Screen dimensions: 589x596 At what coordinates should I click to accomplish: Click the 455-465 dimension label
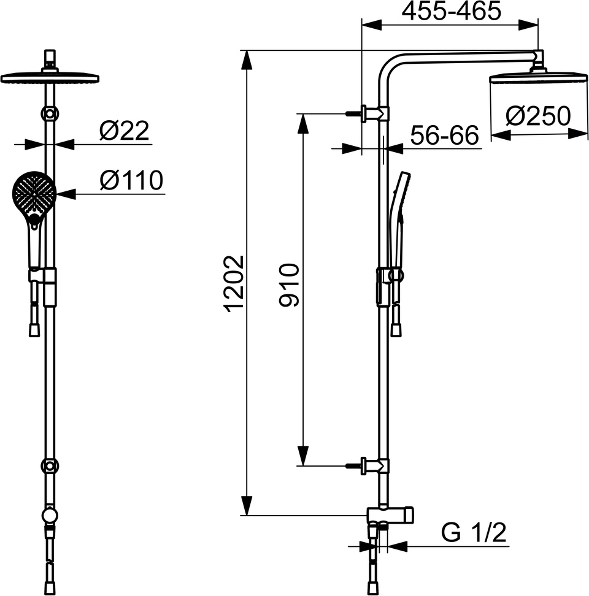pos(452,11)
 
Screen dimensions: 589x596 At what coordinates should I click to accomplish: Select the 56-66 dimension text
pos(444,135)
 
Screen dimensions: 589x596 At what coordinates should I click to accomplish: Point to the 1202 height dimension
pos(234,283)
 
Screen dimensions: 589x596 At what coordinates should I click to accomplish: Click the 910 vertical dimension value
pos(290,285)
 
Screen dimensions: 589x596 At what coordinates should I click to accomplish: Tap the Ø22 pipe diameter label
pos(124,131)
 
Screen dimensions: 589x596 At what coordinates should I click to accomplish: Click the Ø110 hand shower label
pos(131,180)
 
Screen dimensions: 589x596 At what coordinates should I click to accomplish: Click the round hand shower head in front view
pos(34,194)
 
